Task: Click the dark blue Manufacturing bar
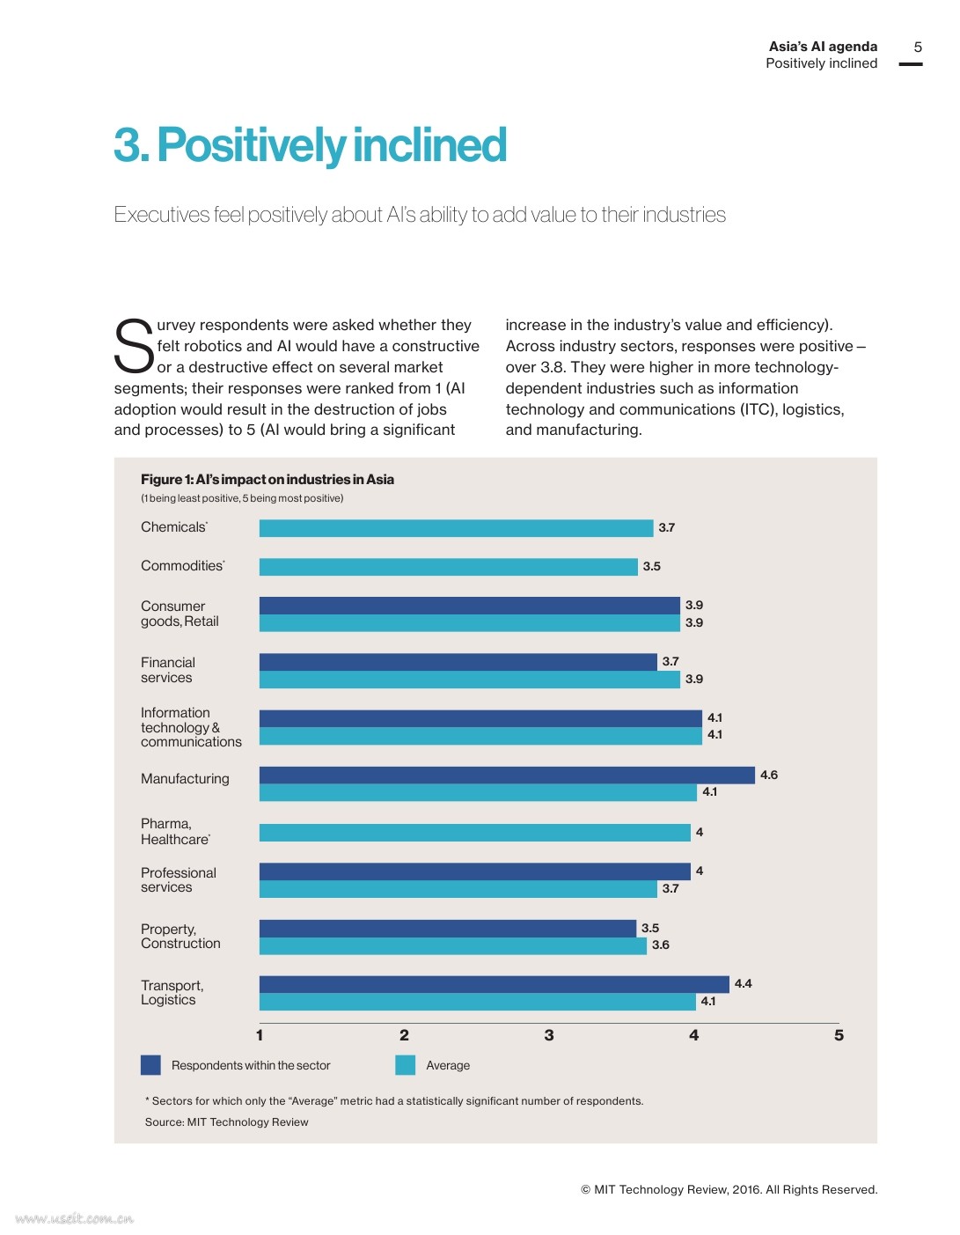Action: pyautogui.click(x=507, y=775)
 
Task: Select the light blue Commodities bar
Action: pyautogui.click(x=448, y=567)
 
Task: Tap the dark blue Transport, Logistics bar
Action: pyautogui.click(x=494, y=984)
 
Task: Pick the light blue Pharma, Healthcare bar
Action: pyautogui.click(x=474, y=833)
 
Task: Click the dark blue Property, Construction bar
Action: pyautogui.click(x=447, y=929)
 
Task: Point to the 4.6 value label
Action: pyautogui.click(x=769, y=776)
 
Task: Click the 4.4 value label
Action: pyautogui.click(x=744, y=984)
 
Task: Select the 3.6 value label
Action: pyautogui.click(x=661, y=945)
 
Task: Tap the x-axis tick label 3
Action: pyautogui.click(x=549, y=1035)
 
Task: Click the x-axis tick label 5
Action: pyautogui.click(x=839, y=1035)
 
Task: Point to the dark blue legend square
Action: pyautogui.click(x=150, y=1065)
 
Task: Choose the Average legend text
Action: pyautogui.click(x=448, y=1066)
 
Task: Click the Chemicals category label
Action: pyautogui.click(x=173, y=527)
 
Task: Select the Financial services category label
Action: pyautogui.click(x=167, y=670)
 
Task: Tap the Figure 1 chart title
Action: pyautogui.click(x=267, y=480)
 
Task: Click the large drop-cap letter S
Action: pyautogui.click(x=134, y=346)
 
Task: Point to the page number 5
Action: pyautogui.click(x=918, y=48)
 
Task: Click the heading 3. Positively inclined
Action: pyautogui.click(x=310, y=145)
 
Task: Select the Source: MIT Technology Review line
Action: pyautogui.click(x=226, y=1122)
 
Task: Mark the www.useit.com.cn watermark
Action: pyautogui.click(x=75, y=1219)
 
